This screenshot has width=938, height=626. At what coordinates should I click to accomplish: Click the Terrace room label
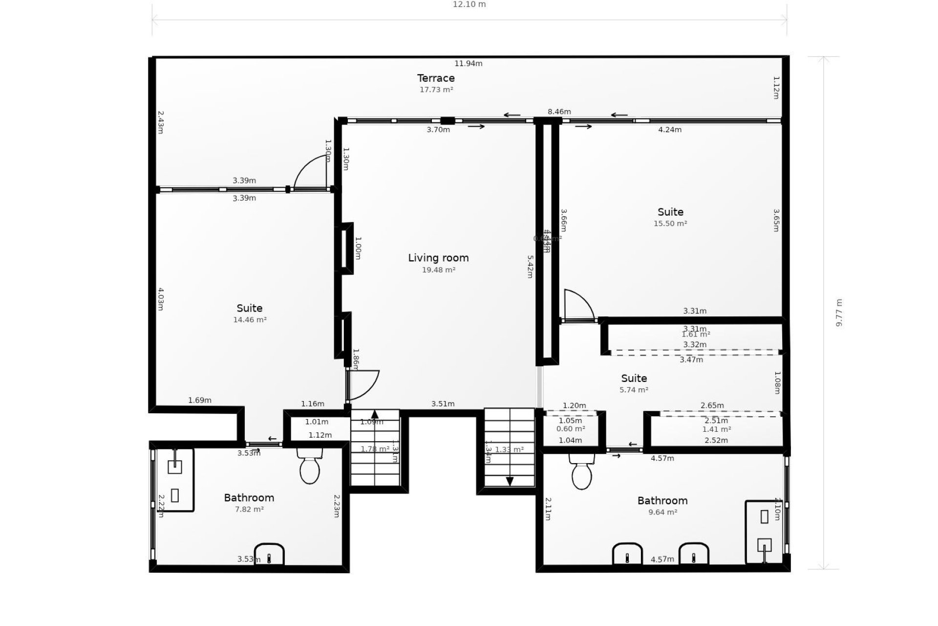(x=436, y=78)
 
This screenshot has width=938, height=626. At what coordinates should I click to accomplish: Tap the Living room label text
(x=438, y=258)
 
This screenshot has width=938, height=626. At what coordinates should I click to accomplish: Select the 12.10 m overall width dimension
(x=469, y=4)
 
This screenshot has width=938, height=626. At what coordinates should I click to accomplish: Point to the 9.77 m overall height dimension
(x=839, y=313)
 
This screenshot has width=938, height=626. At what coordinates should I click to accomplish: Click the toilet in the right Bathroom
(x=581, y=473)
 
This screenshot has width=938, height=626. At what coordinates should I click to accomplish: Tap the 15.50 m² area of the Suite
(x=670, y=224)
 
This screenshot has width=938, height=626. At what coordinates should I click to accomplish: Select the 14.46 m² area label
(x=250, y=320)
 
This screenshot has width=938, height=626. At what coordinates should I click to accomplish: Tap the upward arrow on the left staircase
(x=375, y=415)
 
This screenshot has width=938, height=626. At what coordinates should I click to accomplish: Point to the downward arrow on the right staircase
(x=510, y=481)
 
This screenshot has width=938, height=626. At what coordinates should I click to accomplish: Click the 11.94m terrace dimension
(x=468, y=64)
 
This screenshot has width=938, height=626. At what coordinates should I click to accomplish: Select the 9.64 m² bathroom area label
(x=662, y=513)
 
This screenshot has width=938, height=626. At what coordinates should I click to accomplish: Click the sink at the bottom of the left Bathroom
(x=269, y=554)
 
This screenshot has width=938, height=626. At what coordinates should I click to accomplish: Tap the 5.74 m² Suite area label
(x=634, y=390)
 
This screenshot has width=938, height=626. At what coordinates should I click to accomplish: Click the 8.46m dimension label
(x=559, y=112)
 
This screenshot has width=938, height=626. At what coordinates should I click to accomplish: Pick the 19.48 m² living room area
(x=439, y=270)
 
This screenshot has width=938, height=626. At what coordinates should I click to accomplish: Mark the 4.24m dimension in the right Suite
(x=669, y=130)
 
